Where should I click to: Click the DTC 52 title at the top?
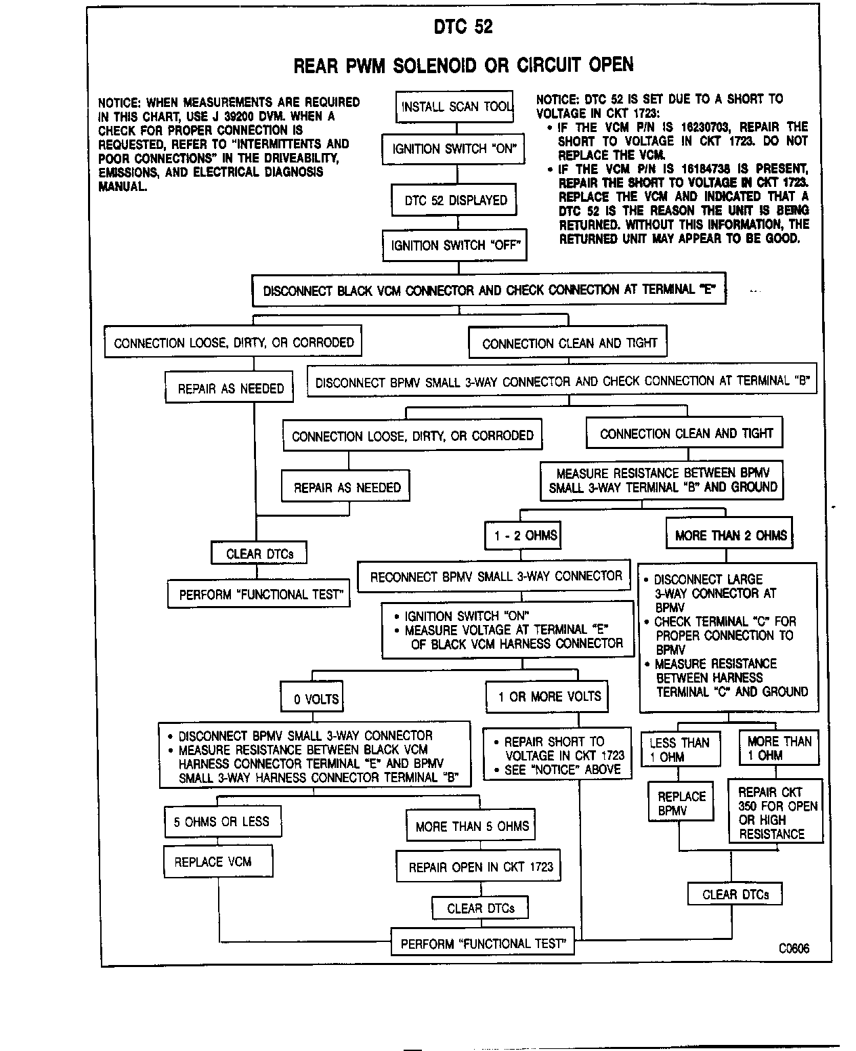[463, 27]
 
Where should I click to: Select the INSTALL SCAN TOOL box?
[454, 107]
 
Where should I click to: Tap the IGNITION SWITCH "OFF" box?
[454, 245]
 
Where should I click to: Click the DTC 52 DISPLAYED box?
[454, 200]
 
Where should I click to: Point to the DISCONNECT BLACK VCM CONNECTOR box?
[488, 291]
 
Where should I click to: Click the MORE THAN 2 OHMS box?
[730, 535]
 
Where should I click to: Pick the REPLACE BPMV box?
[681, 803]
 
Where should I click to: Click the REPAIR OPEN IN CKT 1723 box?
[479, 867]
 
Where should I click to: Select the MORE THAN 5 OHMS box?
[471, 826]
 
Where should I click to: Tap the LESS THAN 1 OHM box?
[679, 750]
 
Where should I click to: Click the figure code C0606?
[794, 948]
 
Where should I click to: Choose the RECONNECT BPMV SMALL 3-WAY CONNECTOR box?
[495, 577]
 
